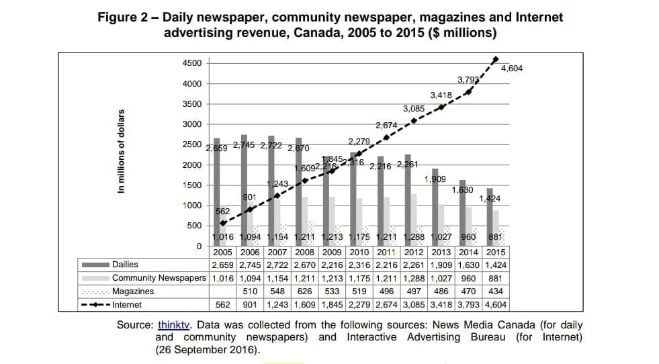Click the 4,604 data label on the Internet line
pyautogui.click(x=511, y=69)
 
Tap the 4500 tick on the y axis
pyautogui.click(x=191, y=63)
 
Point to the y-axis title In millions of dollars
pyautogui.click(x=121, y=151)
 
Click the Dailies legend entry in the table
pyautogui.click(x=125, y=265)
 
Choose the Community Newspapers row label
pyautogui.click(x=159, y=278)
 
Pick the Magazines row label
pyautogui.click(x=133, y=291)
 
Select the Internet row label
pyautogui.click(x=127, y=305)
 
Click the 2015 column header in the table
pyautogui.click(x=495, y=252)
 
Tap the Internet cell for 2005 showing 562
pyautogui.click(x=223, y=305)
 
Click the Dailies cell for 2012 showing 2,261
pyautogui.click(x=413, y=265)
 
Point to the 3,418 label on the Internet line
pyautogui.click(x=441, y=95)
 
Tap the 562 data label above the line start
pyautogui.click(x=223, y=212)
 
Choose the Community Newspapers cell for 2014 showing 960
pyautogui.click(x=468, y=278)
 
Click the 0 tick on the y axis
pyautogui.click(x=199, y=246)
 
